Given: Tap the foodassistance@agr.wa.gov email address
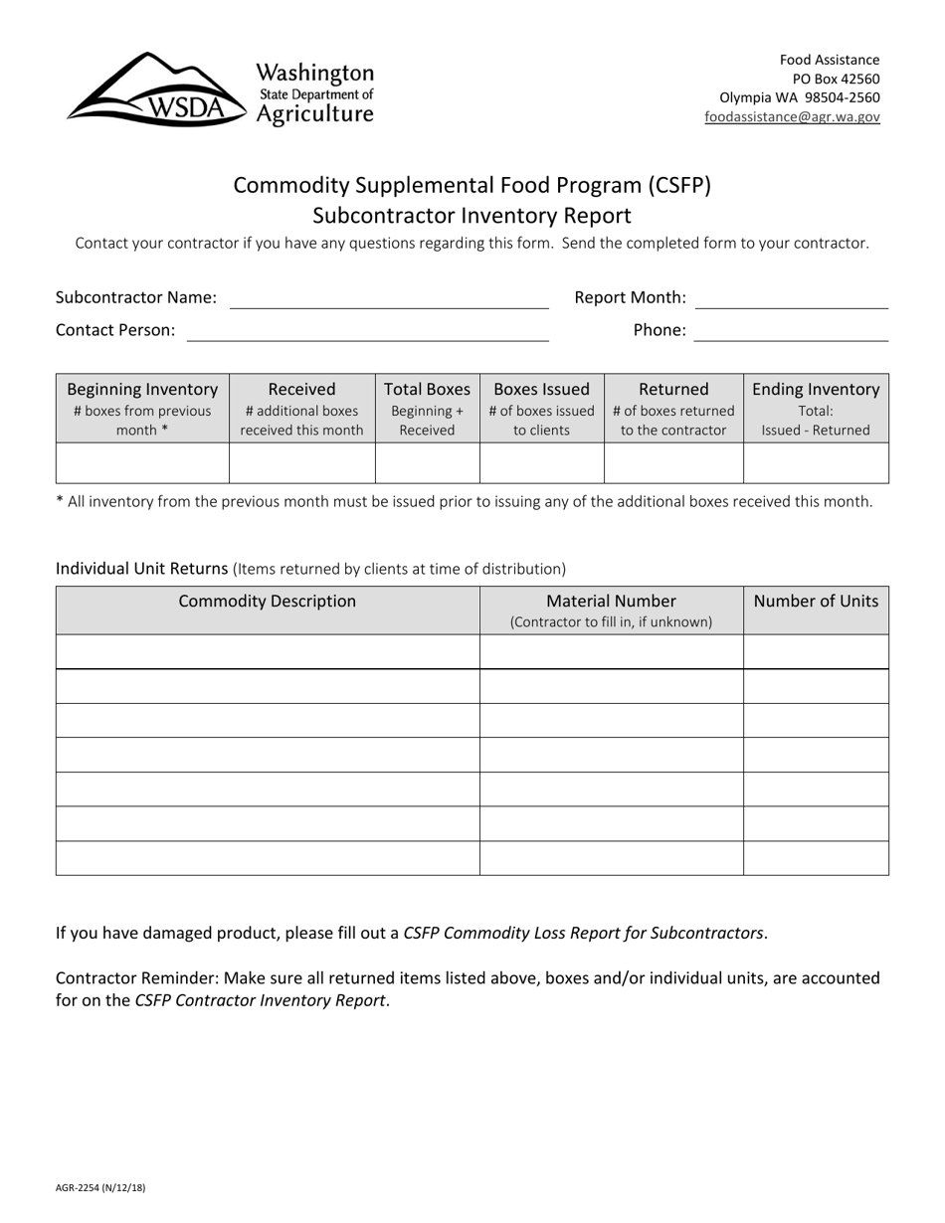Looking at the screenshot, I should pyautogui.click(x=792, y=116).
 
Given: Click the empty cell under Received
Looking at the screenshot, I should pyautogui.click(x=301, y=463).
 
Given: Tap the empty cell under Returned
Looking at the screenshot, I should pyautogui.click(x=673, y=463).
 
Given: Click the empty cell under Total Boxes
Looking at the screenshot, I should pyautogui.click(x=427, y=463).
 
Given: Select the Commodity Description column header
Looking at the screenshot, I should pyautogui.click(x=267, y=602).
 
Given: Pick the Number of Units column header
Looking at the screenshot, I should pyautogui.click(x=816, y=602).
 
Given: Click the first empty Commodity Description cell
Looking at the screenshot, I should pyautogui.click(x=267, y=651).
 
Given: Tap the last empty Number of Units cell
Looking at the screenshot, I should pyautogui.click(x=816, y=858).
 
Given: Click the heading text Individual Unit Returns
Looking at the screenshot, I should pyautogui.click(x=142, y=569).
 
